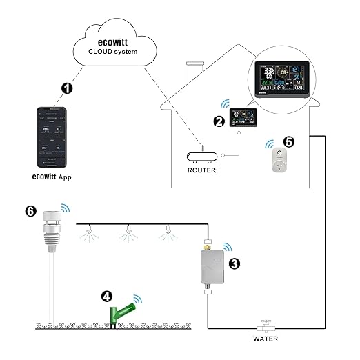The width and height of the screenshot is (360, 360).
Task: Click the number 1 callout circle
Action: pyautogui.click(x=66, y=88)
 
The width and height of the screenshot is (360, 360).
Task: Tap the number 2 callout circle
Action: pyautogui.click(x=219, y=120)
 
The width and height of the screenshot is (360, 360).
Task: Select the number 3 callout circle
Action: pyautogui.click(x=234, y=263)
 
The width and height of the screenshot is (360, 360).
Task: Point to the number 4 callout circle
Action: pyautogui.click(x=106, y=297)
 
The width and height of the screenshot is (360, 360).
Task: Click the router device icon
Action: pyautogui.click(x=202, y=155)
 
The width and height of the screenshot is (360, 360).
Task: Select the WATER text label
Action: pyautogui.click(x=266, y=338)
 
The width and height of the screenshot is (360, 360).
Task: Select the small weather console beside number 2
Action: pyautogui.click(x=243, y=118)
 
